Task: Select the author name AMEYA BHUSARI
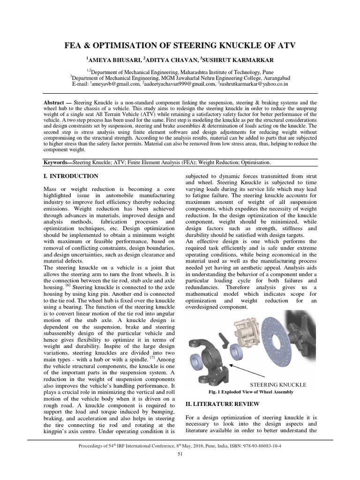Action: tap(113, 60)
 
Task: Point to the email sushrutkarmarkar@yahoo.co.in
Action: tap(254, 84)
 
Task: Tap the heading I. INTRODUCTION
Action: tap(70, 176)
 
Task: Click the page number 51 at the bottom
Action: tap(180, 454)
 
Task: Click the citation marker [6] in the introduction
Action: tap(68, 284)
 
